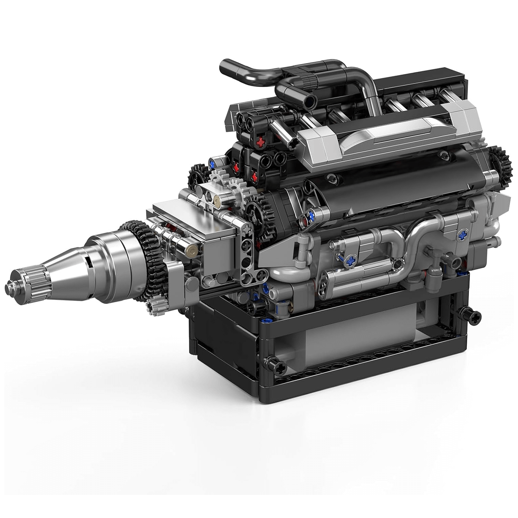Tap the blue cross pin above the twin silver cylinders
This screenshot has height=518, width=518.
(x=352, y=261)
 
